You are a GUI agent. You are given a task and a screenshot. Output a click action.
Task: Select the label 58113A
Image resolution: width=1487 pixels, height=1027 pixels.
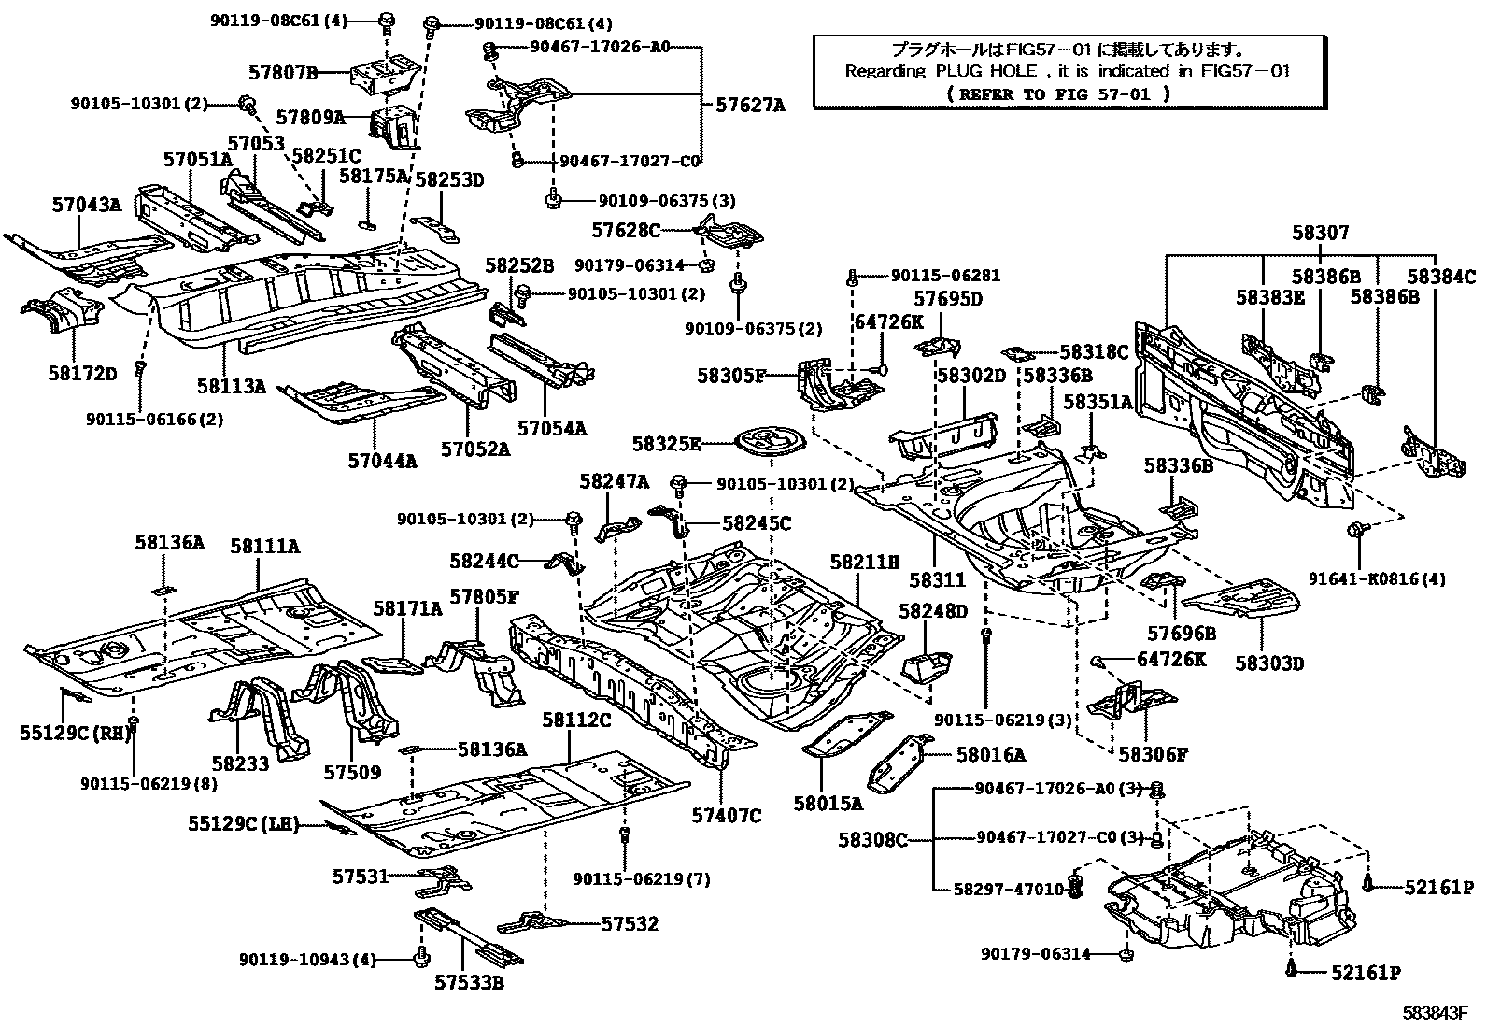tap(231, 384)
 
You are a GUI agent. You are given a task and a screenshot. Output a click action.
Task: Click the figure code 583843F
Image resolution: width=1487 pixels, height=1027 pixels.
tap(1436, 1012)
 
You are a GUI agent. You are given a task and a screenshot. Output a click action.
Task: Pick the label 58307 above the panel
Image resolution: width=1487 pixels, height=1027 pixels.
tap(1321, 232)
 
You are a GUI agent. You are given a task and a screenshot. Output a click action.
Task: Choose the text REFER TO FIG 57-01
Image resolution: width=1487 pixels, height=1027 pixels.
tap(1057, 93)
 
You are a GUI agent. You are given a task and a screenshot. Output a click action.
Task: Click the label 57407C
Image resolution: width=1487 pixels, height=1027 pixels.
tap(726, 815)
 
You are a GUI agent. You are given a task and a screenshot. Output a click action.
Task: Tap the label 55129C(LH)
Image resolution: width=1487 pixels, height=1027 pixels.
tap(244, 824)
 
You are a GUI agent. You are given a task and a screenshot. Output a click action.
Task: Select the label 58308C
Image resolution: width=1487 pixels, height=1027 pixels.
tap(872, 839)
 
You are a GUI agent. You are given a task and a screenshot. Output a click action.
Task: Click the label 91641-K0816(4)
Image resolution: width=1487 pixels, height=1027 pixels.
tap(1396, 578)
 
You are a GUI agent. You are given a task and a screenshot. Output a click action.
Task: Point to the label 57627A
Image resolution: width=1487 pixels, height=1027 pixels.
tap(750, 106)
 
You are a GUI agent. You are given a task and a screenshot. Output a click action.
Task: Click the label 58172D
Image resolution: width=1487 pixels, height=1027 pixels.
tap(83, 373)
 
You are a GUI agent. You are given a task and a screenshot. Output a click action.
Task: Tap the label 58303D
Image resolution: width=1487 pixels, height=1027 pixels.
tap(1268, 663)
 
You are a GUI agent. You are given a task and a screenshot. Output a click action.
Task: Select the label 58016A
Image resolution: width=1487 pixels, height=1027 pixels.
tap(990, 754)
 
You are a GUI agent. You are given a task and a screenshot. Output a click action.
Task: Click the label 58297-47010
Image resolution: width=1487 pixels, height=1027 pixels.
tap(1010, 890)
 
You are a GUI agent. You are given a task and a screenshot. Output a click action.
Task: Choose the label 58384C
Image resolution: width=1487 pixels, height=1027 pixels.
tap(1441, 276)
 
